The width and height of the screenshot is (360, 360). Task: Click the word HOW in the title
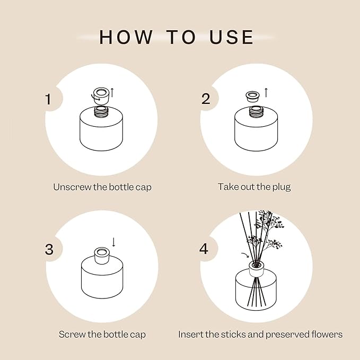point(123,37)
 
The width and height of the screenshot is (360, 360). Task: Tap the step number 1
point(49,99)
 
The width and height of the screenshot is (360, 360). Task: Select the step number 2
point(206,99)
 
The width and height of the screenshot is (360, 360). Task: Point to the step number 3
point(49,249)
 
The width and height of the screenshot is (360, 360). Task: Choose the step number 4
point(205,249)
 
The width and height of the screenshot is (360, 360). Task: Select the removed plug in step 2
point(253,96)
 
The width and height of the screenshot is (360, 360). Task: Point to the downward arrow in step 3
point(113,242)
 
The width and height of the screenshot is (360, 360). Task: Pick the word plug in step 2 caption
point(280,187)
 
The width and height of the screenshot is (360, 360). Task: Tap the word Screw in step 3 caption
point(71,335)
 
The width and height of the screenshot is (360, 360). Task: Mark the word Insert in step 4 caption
point(189,335)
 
